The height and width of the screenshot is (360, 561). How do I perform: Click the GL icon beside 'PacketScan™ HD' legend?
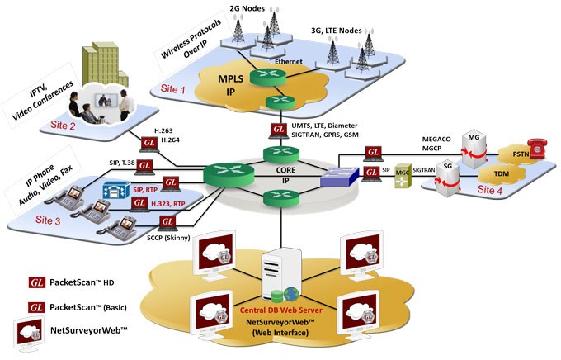tap(37, 282)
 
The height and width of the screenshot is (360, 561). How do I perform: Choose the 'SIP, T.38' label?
tap(124, 163)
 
